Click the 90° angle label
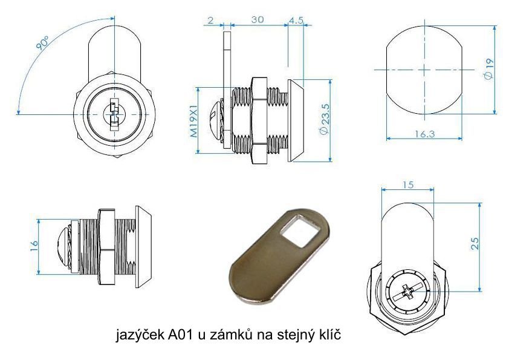tap(42, 43)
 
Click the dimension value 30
tap(258, 20)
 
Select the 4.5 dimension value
tap(296, 20)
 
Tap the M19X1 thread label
tap(194, 120)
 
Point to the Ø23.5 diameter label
tap(325, 119)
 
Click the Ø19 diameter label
tap(488, 69)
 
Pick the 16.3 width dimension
tap(424, 134)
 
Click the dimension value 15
tap(408, 185)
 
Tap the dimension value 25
tap(475, 243)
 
